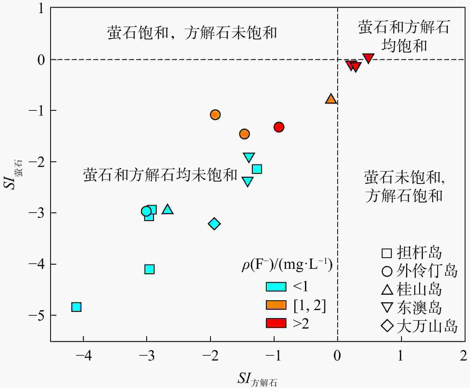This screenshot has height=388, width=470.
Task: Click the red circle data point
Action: point(279,127)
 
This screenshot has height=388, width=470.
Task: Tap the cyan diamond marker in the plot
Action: point(214,224)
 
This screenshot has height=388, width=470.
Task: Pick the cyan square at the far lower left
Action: point(76,307)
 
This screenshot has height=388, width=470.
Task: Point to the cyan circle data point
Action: point(146,211)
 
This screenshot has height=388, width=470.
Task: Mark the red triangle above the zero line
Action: point(368,58)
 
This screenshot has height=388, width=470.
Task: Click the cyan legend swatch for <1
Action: point(276,287)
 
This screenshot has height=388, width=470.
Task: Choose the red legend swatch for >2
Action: point(276,323)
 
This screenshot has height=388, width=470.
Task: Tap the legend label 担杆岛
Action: point(419,253)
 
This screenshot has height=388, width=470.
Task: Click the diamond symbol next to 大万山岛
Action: point(387,326)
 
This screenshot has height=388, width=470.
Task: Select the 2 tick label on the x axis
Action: point(463,356)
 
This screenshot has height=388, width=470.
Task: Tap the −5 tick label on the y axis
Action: point(36,315)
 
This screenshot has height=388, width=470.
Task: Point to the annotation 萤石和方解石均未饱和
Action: point(160,175)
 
